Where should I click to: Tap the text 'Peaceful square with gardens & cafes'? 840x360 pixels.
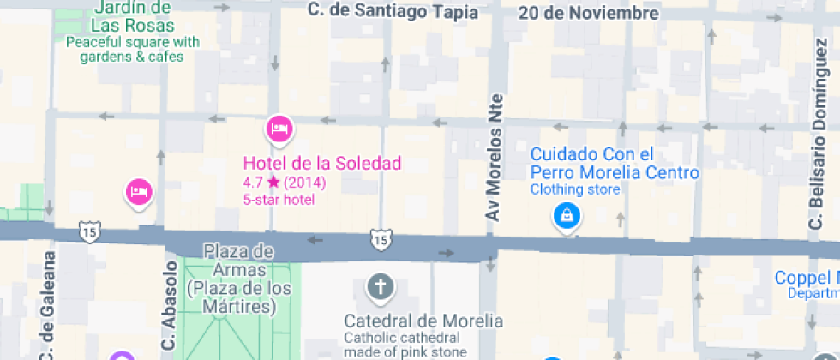pos(132,50)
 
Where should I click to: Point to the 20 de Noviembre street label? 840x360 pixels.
pos(588,13)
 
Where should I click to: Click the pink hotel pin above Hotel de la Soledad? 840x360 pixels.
pos(279,129)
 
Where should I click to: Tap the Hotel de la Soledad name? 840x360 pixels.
pos(321,163)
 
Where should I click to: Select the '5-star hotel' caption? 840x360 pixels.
pos(279,200)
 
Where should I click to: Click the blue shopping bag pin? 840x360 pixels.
pos(567,216)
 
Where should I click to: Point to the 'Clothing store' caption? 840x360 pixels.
pos(574,189)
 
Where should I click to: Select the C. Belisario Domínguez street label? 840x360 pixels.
pos(817,171)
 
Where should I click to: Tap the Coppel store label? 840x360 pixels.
pos(806,279)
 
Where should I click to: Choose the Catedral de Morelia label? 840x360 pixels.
pos(423,321)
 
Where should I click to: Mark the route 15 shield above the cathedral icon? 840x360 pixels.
pos(380,239)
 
